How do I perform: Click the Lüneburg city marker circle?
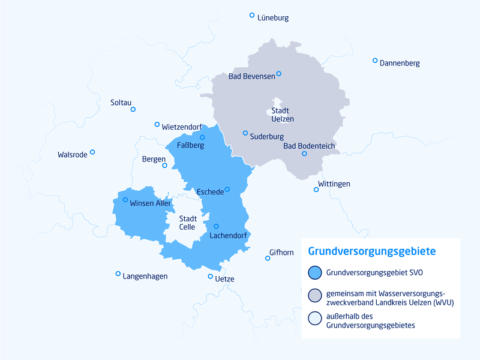pyautogui.click(x=252, y=15)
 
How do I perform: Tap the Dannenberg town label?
pyautogui.click(x=400, y=63)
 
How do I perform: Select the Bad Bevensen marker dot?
pyautogui.click(x=278, y=74)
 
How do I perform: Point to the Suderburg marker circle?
pyautogui.click(x=245, y=133)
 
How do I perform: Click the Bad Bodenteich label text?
pyautogui.click(x=309, y=146)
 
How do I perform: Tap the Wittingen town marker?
pyautogui.click(x=316, y=190)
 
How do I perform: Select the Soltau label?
pyautogui.click(x=121, y=103)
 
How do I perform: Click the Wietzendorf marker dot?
pyautogui.click(x=157, y=125)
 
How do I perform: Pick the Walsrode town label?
pyautogui.click(x=73, y=154)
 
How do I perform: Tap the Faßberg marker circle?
pyautogui.click(x=202, y=137)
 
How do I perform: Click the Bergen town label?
pyautogui.click(x=154, y=159)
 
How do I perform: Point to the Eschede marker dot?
pyautogui.click(x=227, y=190)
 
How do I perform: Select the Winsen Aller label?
pyautogui.click(x=151, y=203)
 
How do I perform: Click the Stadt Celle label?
pyautogui.click(x=187, y=223)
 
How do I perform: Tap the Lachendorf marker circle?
pyautogui.click(x=216, y=226)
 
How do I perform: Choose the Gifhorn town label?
pyautogui.click(x=282, y=253)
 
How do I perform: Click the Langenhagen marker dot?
pyautogui.click(x=118, y=274)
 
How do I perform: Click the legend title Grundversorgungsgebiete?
pyautogui.click(x=371, y=251)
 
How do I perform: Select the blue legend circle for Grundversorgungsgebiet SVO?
pyautogui.click(x=314, y=272)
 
